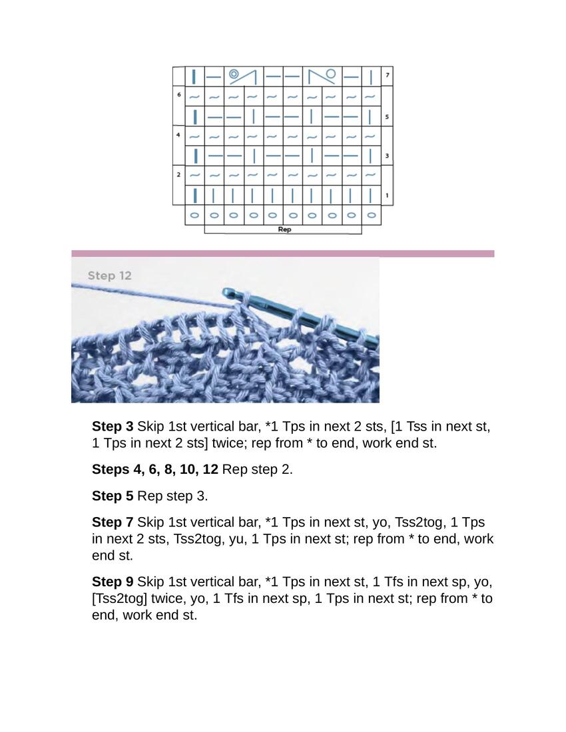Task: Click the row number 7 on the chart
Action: pyautogui.click(x=388, y=76)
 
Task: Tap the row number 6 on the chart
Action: pyautogui.click(x=178, y=95)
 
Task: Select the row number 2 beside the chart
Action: pyautogui.click(x=178, y=175)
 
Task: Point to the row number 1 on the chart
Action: pyautogui.click(x=388, y=196)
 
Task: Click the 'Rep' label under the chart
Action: pyautogui.click(x=284, y=230)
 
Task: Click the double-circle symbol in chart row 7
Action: pyautogui.click(x=234, y=75)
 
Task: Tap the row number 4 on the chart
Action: pyautogui.click(x=178, y=135)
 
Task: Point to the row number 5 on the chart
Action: pyautogui.click(x=388, y=116)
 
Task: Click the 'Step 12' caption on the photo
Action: pyautogui.click(x=110, y=275)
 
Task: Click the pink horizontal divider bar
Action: pyautogui.click(x=282, y=254)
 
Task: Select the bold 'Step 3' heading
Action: pyautogui.click(x=113, y=427)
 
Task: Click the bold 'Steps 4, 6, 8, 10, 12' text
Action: pyautogui.click(x=154, y=469)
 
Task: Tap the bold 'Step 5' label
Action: pyautogui.click(x=113, y=496)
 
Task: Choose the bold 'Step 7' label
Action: pyautogui.click(x=113, y=522)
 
